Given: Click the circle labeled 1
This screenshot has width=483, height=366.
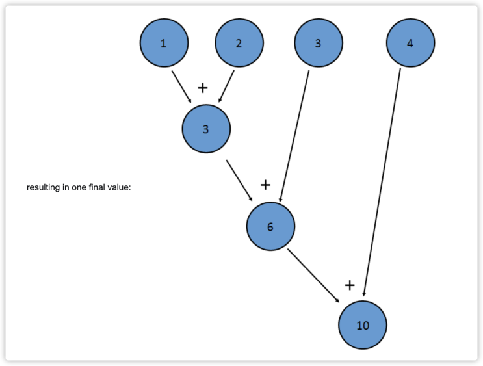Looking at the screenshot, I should point(164,44).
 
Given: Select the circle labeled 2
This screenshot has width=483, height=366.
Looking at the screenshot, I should point(239,44).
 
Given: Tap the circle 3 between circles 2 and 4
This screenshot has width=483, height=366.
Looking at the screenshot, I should point(318,44).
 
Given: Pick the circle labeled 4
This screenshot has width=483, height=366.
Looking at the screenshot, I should point(410,44).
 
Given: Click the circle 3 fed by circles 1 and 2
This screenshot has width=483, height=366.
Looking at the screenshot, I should point(206,129).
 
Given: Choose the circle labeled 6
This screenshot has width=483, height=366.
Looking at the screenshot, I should point(270,226).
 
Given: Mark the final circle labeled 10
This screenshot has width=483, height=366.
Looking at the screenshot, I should point(363,325).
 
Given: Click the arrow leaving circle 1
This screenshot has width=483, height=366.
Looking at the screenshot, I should point(181,86).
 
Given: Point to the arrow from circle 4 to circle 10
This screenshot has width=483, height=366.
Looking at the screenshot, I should point(382,182).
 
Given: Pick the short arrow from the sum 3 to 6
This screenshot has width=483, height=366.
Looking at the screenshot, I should point(240,180).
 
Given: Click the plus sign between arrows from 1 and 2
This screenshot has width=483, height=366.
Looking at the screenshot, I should point(203,88).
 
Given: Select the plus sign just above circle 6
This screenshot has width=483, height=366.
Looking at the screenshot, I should point(265,185).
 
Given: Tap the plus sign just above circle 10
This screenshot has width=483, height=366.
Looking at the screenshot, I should point(350,285).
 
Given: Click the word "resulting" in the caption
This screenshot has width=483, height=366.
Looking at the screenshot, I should point(43,188).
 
